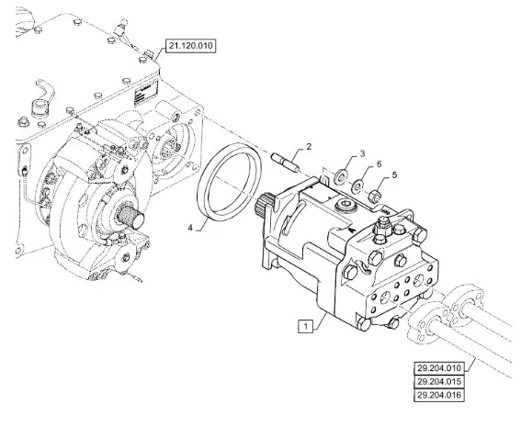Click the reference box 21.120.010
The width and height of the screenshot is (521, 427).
tap(190, 46)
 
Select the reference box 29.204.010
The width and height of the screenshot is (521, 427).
tap(439, 368)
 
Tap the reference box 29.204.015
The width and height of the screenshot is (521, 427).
tap(439, 381)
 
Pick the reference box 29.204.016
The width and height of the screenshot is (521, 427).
tap(439, 395)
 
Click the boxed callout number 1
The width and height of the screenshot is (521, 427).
tap(306, 326)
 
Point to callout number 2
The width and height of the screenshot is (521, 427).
tap(309, 146)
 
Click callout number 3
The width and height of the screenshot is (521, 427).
tap(362, 153)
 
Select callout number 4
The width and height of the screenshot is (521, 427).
tap(190, 228)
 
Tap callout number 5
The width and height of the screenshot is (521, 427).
tap(394, 175)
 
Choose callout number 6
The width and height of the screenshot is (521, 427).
tap(379, 164)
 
